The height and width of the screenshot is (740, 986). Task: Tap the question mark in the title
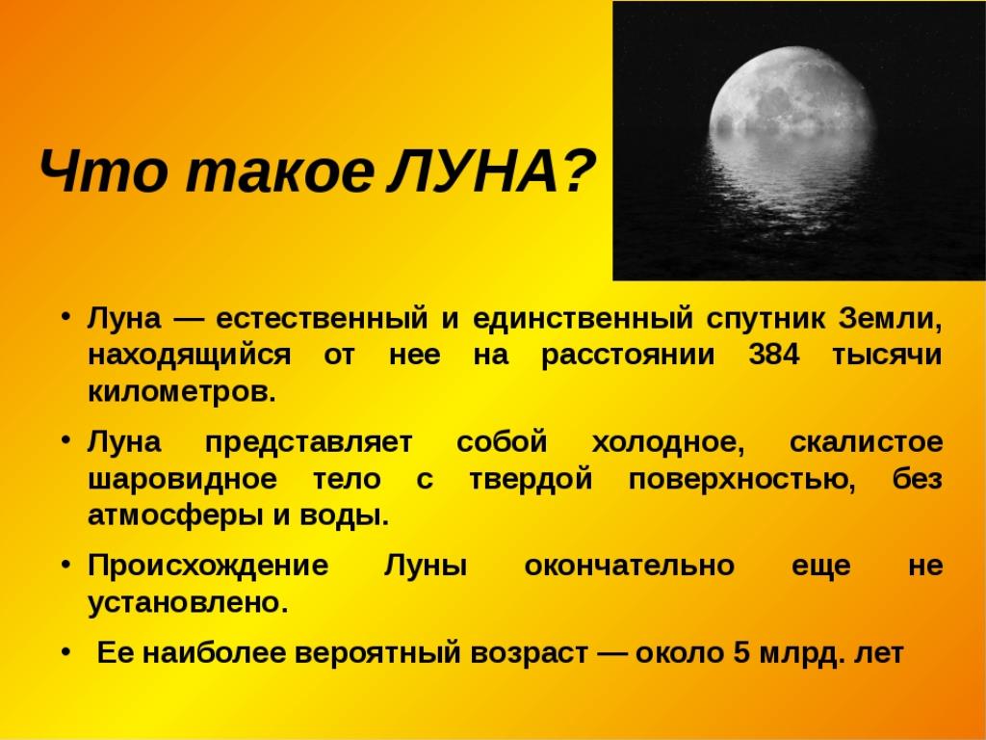click(576, 171)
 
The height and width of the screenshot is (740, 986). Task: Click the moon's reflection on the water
click(793, 182)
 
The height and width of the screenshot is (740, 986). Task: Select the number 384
click(773, 355)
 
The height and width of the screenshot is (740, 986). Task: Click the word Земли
click(890, 319)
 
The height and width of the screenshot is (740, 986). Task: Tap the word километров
click(182, 392)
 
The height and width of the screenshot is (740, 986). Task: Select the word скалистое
click(866, 442)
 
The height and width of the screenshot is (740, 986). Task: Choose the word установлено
click(188, 603)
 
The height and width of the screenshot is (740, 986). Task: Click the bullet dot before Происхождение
click(65, 565)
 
